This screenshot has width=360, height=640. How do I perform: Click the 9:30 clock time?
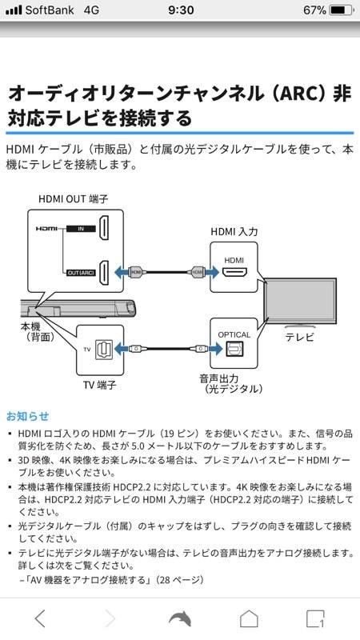click(180, 10)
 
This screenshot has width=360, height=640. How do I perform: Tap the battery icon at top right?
click(341, 10)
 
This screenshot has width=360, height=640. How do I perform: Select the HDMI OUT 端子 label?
click(73, 198)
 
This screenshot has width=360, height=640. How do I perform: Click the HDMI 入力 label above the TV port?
click(233, 230)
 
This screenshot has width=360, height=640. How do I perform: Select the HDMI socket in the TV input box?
click(234, 273)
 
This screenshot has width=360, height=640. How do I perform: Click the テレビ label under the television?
click(300, 338)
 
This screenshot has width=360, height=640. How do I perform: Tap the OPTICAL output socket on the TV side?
click(234, 349)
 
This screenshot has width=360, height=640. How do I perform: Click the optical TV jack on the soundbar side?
click(102, 349)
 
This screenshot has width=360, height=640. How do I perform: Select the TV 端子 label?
click(100, 385)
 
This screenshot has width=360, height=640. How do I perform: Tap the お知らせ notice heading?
click(27, 416)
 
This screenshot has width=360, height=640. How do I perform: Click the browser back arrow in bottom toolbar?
click(41, 618)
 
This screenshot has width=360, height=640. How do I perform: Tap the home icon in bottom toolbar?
click(250, 618)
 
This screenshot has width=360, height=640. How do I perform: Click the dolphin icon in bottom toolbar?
click(180, 618)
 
